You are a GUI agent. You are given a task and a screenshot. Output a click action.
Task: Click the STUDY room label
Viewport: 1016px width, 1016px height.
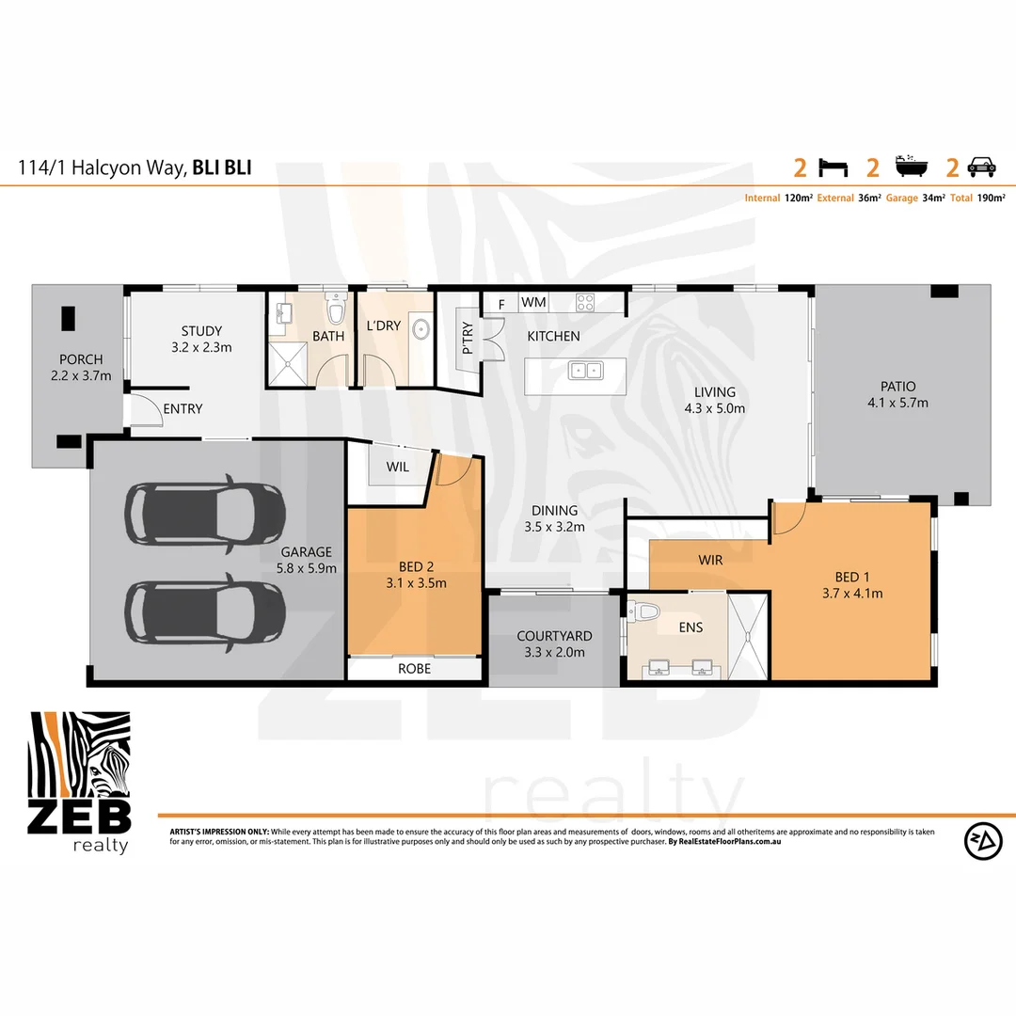[x=201, y=331]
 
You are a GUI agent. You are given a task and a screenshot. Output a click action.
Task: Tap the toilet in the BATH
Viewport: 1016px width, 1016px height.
[x=335, y=310]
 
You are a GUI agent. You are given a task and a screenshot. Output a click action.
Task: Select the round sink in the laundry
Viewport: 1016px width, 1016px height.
[x=420, y=329]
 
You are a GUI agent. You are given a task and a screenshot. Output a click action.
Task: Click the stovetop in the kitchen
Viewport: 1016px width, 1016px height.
[x=584, y=303]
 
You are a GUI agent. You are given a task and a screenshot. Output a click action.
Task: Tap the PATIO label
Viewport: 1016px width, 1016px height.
[x=897, y=387]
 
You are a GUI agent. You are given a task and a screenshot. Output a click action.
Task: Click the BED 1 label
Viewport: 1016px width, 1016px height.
[x=852, y=577]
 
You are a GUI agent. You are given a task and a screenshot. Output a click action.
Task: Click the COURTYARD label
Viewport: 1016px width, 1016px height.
[x=554, y=636]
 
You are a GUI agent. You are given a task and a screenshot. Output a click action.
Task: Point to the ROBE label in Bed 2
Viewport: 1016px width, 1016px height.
[x=414, y=669]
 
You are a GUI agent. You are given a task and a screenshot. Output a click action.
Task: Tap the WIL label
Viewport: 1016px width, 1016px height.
[x=397, y=467]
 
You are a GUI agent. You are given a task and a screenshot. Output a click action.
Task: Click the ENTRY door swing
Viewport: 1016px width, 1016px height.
[x=142, y=411]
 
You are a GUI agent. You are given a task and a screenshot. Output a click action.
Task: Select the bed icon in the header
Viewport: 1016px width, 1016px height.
[x=833, y=168]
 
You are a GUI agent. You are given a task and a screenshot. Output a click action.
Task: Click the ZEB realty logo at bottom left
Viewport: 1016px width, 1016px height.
[x=80, y=782]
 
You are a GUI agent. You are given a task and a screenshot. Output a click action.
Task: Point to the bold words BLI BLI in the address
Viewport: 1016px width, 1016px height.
[x=222, y=168]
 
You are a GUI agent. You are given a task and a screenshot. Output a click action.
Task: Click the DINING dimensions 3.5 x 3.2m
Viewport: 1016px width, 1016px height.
[x=554, y=527]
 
